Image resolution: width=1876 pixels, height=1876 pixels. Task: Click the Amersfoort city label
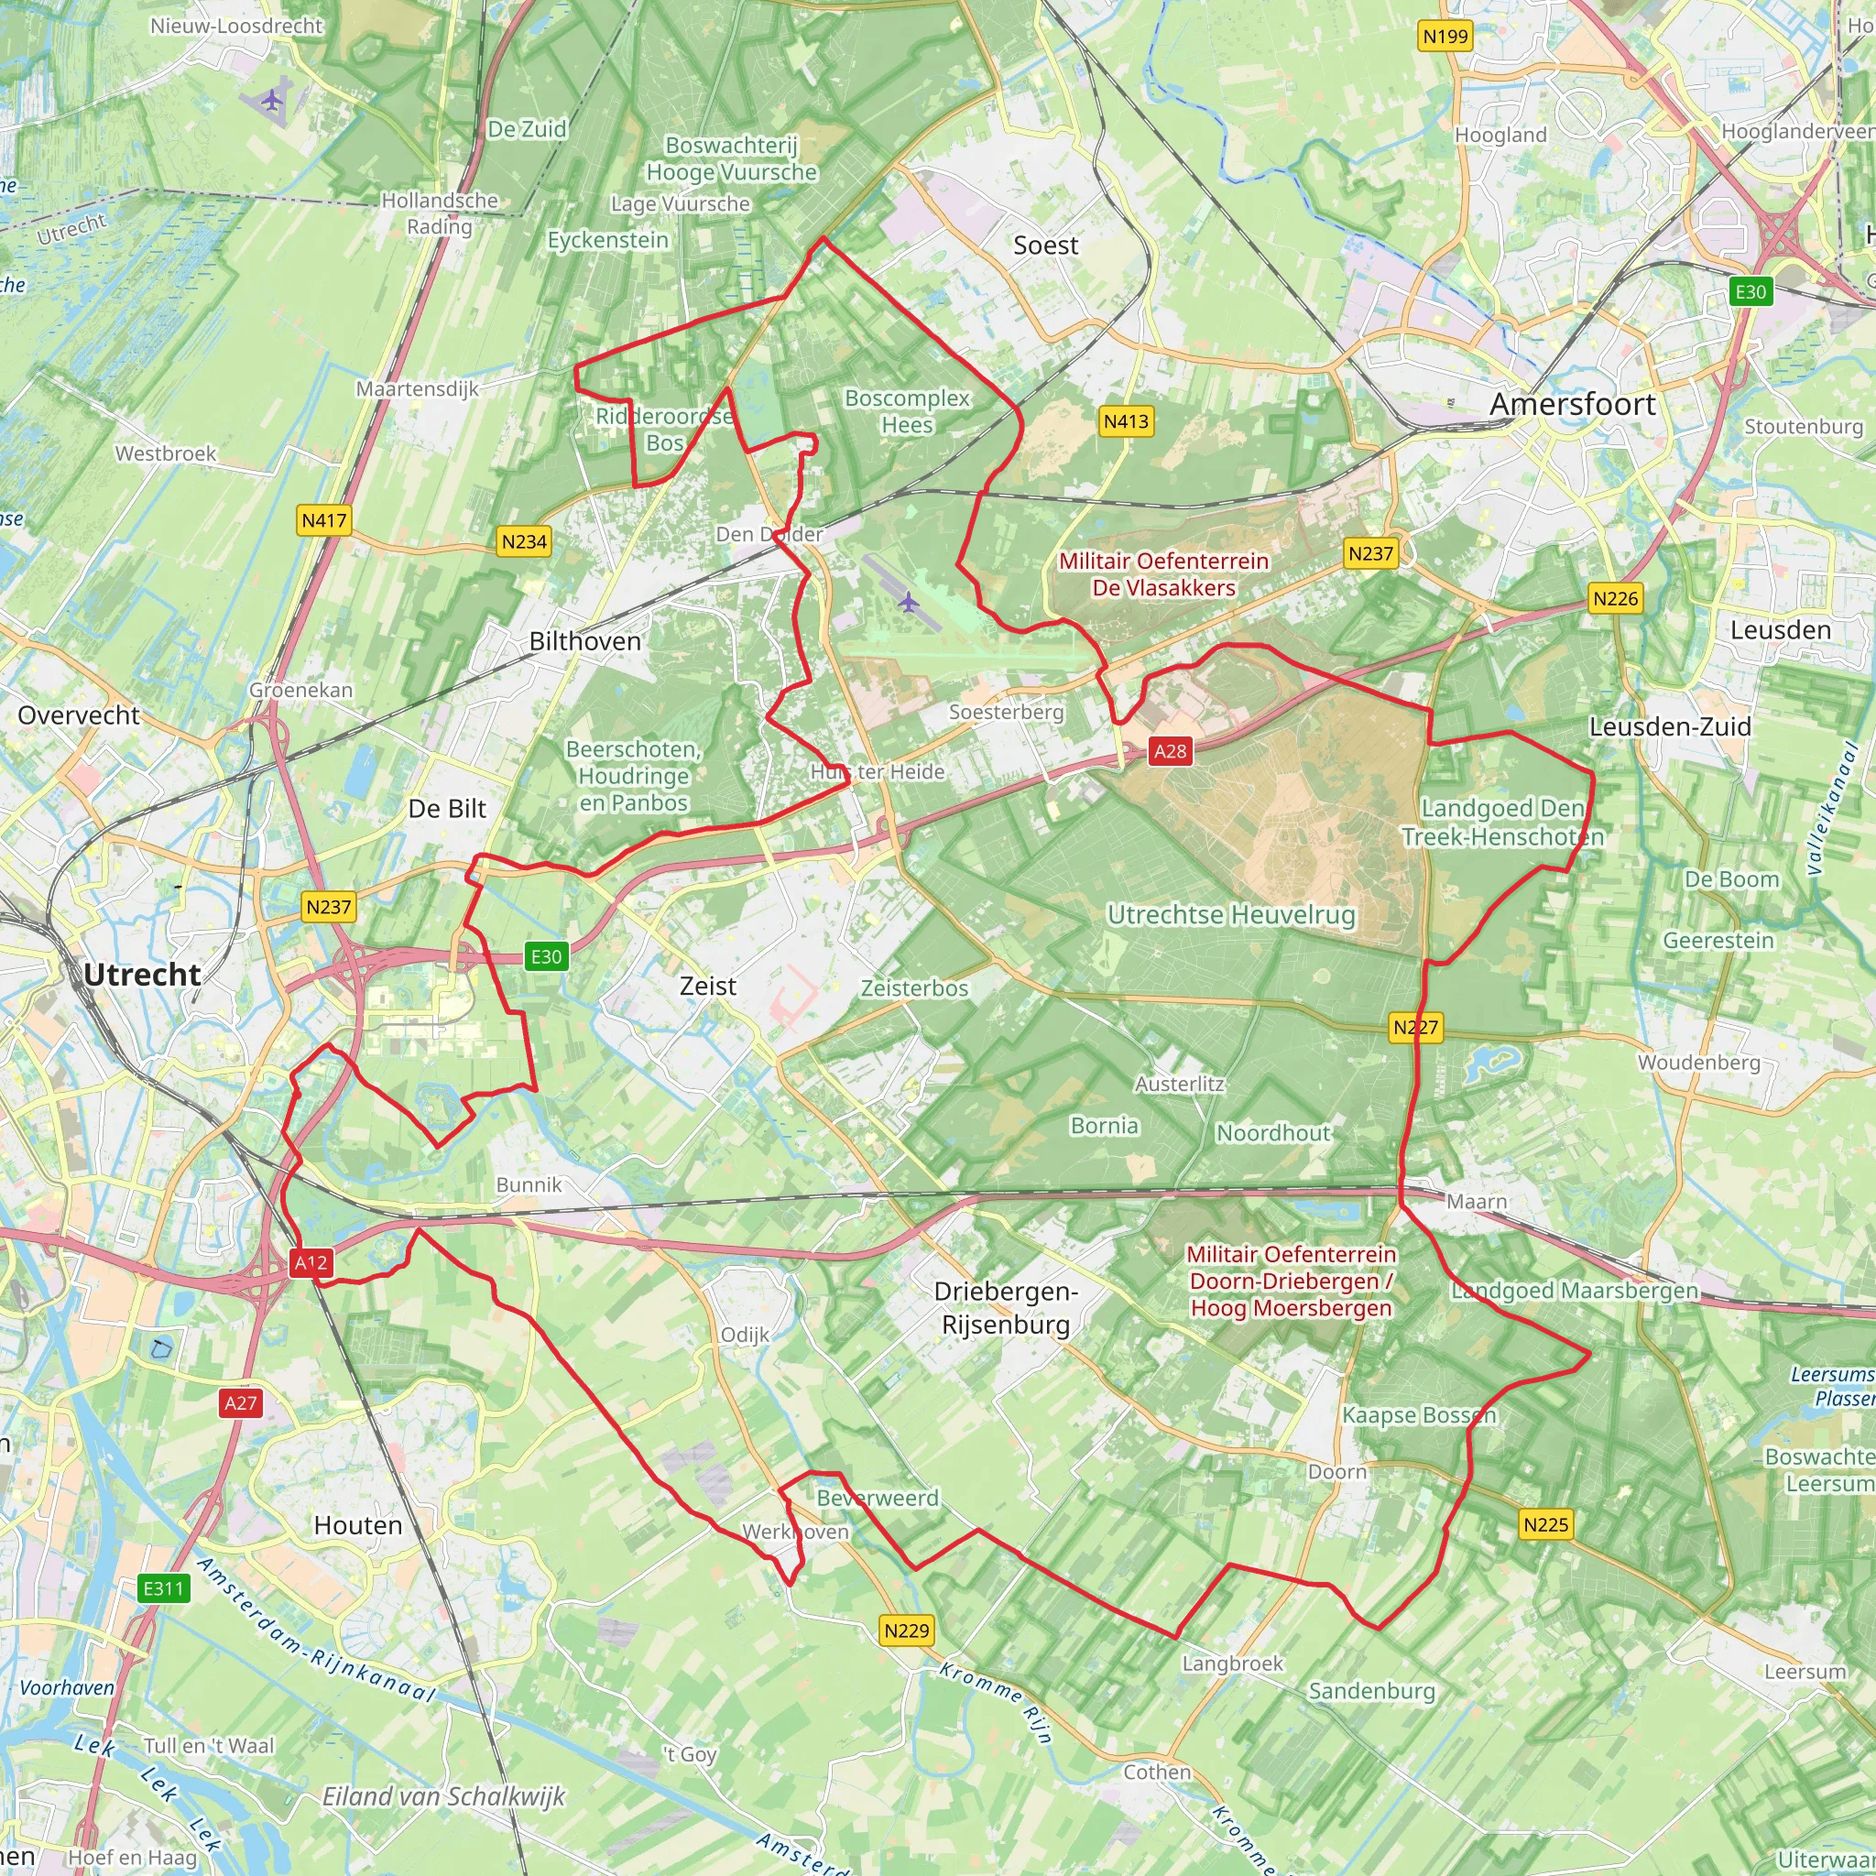(x=1572, y=404)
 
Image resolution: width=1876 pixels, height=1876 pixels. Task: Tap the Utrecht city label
(x=142, y=975)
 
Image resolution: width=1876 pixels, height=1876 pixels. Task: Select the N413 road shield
(x=1126, y=421)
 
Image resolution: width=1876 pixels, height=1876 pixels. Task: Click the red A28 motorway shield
(x=1169, y=750)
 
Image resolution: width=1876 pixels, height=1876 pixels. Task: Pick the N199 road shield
(x=1445, y=37)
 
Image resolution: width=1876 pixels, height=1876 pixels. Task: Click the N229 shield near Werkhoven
(x=906, y=1631)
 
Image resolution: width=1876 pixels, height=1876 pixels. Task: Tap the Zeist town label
(x=708, y=987)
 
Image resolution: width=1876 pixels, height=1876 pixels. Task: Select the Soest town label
(x=1046, y=245)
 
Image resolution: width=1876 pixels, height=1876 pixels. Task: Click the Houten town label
(x=357, y=1525)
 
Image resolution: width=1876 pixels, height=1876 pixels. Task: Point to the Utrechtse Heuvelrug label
(x=1231, y=915)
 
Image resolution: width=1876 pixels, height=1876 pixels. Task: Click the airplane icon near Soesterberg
(x=908, y=603)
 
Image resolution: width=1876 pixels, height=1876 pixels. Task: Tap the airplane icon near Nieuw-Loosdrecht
(x=273, y=99)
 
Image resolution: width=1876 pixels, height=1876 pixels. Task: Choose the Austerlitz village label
(x=1179, y=1084)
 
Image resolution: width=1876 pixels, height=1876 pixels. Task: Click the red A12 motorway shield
(x=311, y=1262)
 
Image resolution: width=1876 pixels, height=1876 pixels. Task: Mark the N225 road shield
(x=1545, y=1524)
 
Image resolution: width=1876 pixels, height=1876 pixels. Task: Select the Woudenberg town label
(x=1698, y=1063)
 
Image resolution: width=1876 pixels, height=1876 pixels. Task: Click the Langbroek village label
(x=1232, y=1663)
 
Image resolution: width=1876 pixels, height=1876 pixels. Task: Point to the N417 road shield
(x=323, y=520)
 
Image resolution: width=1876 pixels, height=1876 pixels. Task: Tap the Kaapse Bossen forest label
(x=1419, y=1414)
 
